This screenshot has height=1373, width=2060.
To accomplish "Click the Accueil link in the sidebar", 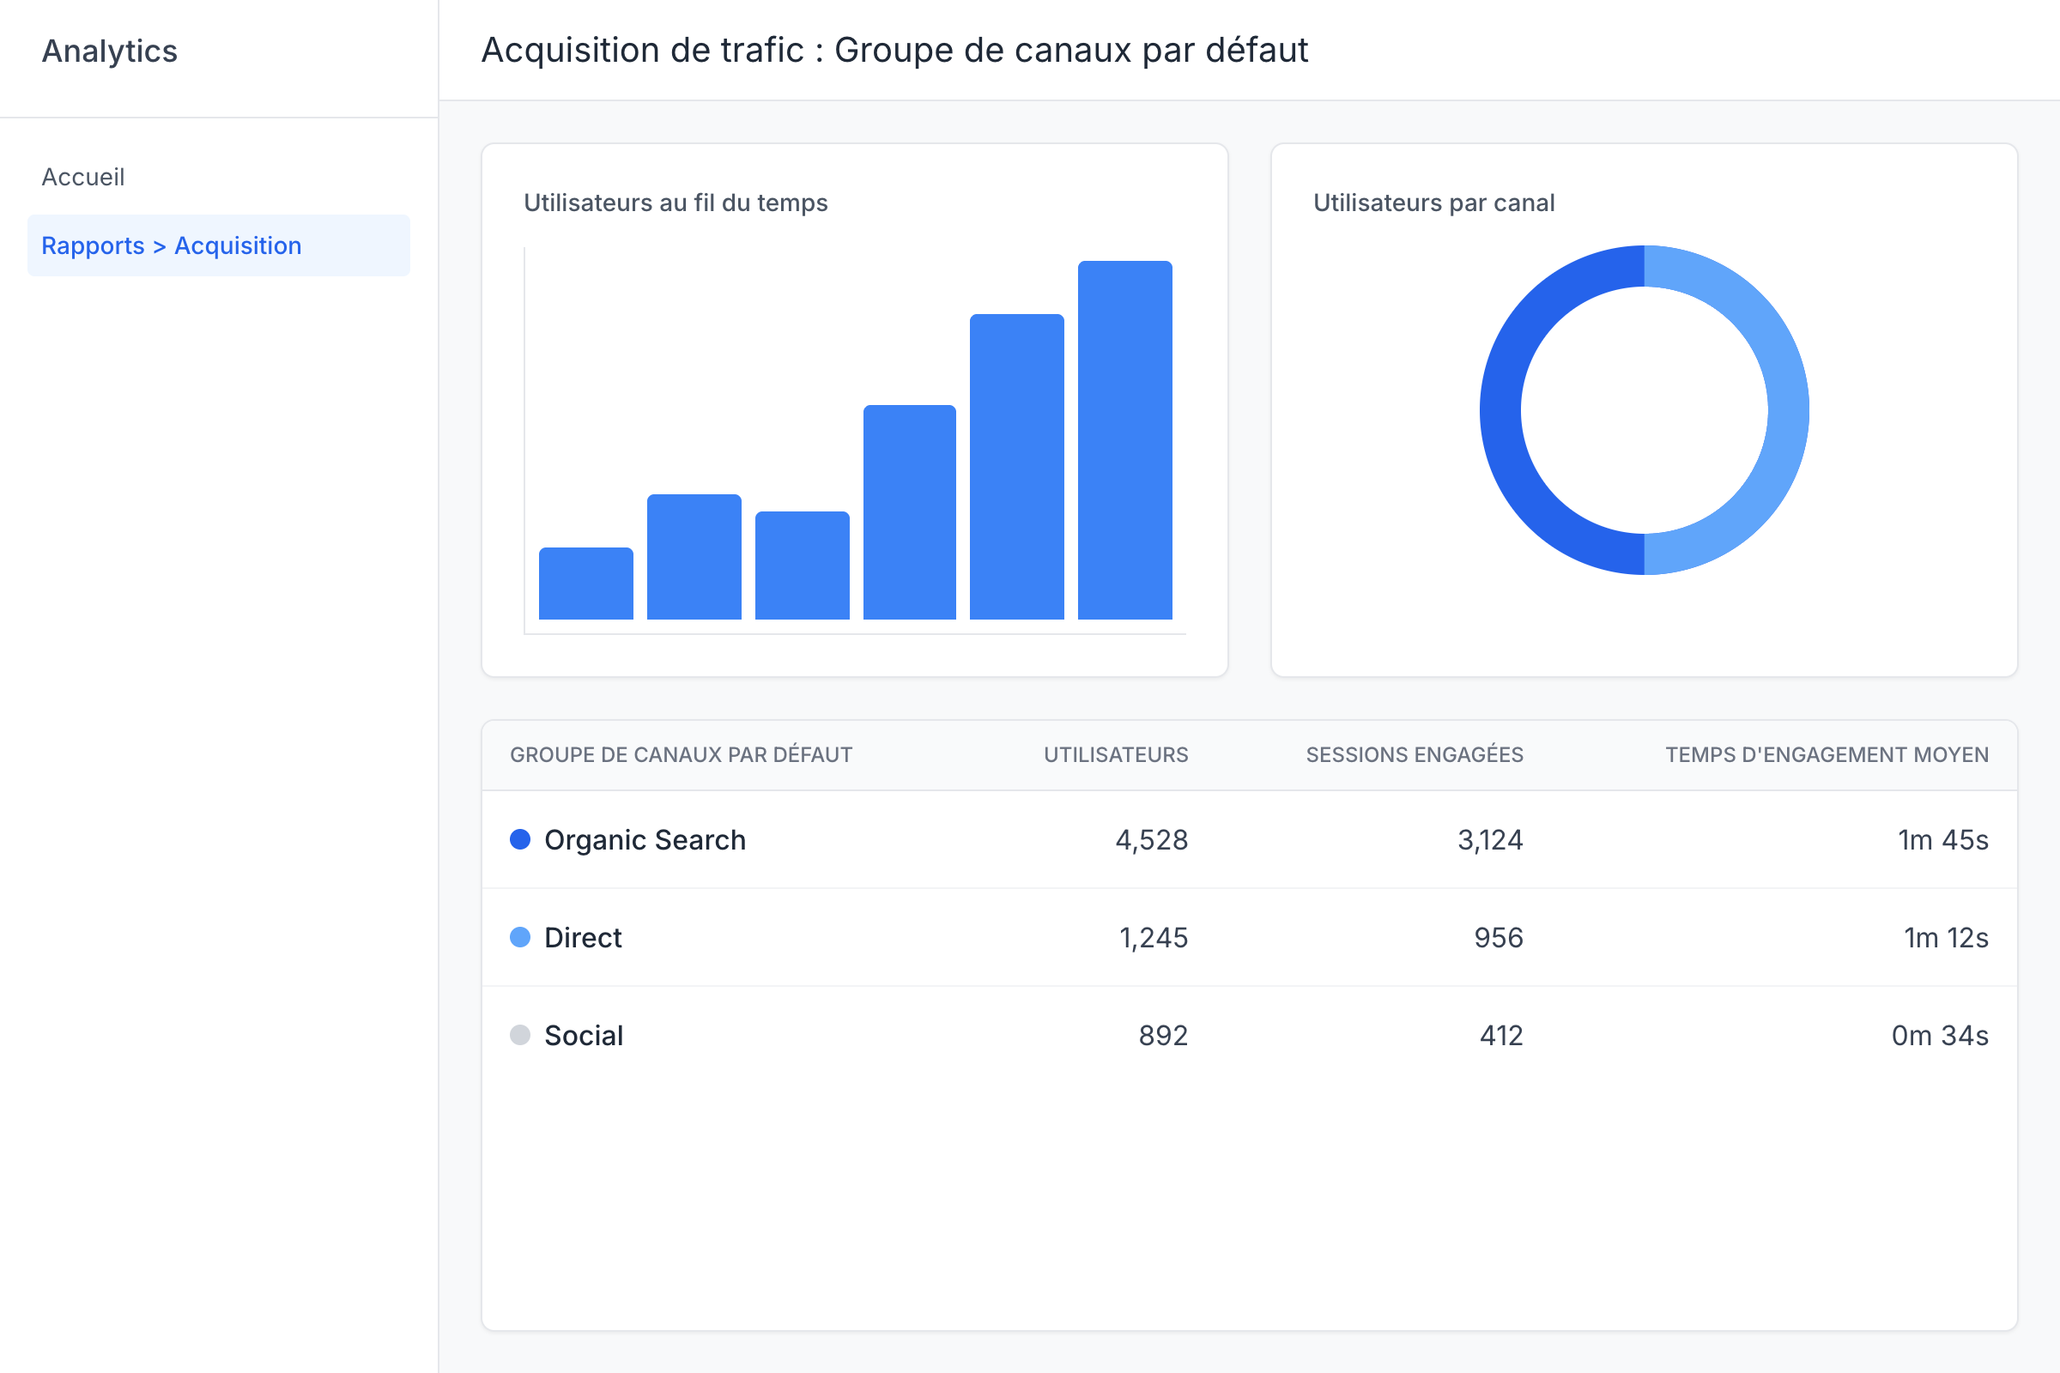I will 83,177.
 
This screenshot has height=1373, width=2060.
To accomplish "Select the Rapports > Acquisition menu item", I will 172,245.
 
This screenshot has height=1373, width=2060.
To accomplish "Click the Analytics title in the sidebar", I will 110,51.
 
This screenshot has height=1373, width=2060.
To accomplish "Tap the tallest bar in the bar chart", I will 1124,439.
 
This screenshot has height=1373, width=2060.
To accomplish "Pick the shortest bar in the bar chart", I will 586,584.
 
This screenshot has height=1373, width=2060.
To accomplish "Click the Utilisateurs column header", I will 1115,755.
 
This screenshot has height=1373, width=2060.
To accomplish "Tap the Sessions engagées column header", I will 1414,755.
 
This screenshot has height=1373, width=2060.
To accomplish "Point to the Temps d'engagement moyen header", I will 1827,755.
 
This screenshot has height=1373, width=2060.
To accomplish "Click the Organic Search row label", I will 645,840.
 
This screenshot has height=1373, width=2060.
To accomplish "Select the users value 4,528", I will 1151,840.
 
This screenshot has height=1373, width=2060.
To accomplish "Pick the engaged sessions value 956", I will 1498,938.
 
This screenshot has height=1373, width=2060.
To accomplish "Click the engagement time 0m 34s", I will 1939,1036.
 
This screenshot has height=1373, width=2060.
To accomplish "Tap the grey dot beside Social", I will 520,1036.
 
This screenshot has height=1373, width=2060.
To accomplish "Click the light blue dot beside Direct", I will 520,938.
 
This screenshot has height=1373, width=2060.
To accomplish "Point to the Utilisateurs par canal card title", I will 1433,203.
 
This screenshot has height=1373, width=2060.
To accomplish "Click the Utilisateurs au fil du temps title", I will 676,203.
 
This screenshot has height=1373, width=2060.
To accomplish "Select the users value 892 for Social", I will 1162,1036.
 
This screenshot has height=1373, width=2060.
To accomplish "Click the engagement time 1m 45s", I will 1942,840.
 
